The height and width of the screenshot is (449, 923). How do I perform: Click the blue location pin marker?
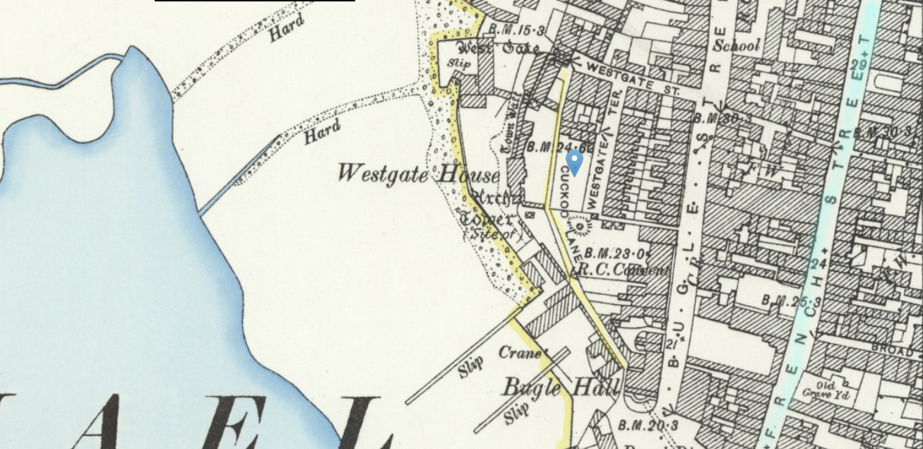tap(575, 161)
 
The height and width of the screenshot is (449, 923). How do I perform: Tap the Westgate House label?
tap(418, 174)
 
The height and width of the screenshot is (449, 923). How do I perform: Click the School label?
tap(737, 46)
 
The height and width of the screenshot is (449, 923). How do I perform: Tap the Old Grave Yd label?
tap(826, 391)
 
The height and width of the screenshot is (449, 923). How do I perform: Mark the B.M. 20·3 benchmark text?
tap(648, 426)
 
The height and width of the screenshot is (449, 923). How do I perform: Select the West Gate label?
tap(499, 48)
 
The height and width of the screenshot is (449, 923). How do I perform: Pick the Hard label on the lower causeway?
tap(322, 132)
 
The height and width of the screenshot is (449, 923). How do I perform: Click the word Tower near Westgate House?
tap(487, 219)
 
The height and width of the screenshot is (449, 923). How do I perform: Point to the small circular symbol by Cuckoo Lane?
tap(580, 227)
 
